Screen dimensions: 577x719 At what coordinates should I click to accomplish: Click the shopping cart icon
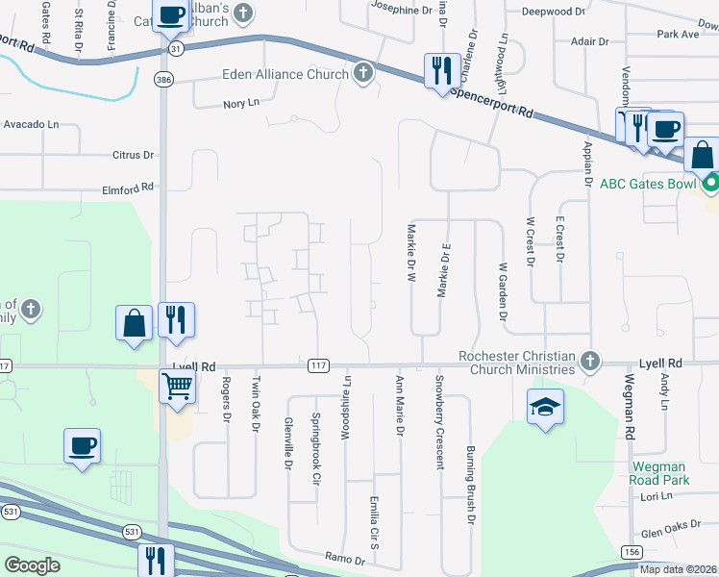point(178,387)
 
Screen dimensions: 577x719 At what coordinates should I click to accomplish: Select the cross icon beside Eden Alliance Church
point(363,74)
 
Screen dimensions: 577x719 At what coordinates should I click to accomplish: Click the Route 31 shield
point(173,47)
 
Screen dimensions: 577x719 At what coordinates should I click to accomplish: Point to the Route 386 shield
point(165,81)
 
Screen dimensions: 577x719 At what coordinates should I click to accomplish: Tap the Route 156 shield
point(631,551)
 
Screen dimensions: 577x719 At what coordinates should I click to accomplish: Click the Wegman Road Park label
point(660,472)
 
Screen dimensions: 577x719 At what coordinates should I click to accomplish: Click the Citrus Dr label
point(134,155)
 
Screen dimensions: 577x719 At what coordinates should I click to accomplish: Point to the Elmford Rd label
point(129,189)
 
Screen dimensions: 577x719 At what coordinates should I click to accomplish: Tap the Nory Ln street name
point(241,103)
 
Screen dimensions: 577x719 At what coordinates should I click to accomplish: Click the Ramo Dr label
point(346,559)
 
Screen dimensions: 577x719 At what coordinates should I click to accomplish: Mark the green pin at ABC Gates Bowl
point(711,183)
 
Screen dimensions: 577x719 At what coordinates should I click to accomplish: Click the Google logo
point(33,565)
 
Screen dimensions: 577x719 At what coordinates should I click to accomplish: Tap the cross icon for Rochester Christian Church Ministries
point(590,363)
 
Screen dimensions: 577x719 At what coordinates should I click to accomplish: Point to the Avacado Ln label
point(31,125)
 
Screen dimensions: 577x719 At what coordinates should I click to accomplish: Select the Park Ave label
point(678,34)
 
